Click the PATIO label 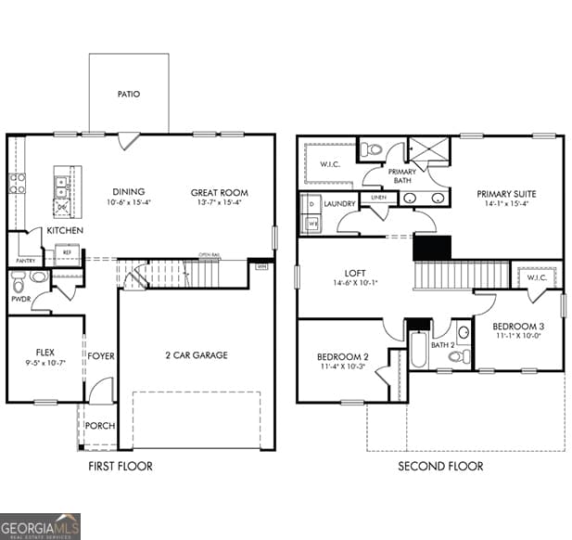click(129, 94)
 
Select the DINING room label click(129, 193)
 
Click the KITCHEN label click(66, 230)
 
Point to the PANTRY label click(25, 262)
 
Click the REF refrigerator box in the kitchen click(68, 250)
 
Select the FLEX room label click(45, 353)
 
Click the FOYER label click(101, 355)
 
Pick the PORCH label click(100, 426)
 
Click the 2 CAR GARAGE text click(197, 355)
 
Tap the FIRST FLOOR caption click(121, 466)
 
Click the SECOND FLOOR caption click(440, 466)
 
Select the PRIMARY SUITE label click(506, 194)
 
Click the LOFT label click(355, 273)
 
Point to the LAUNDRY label click(340, 203)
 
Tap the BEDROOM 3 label click(517, 326)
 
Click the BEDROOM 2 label click(342, 357)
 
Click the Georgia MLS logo click(41, 526)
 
